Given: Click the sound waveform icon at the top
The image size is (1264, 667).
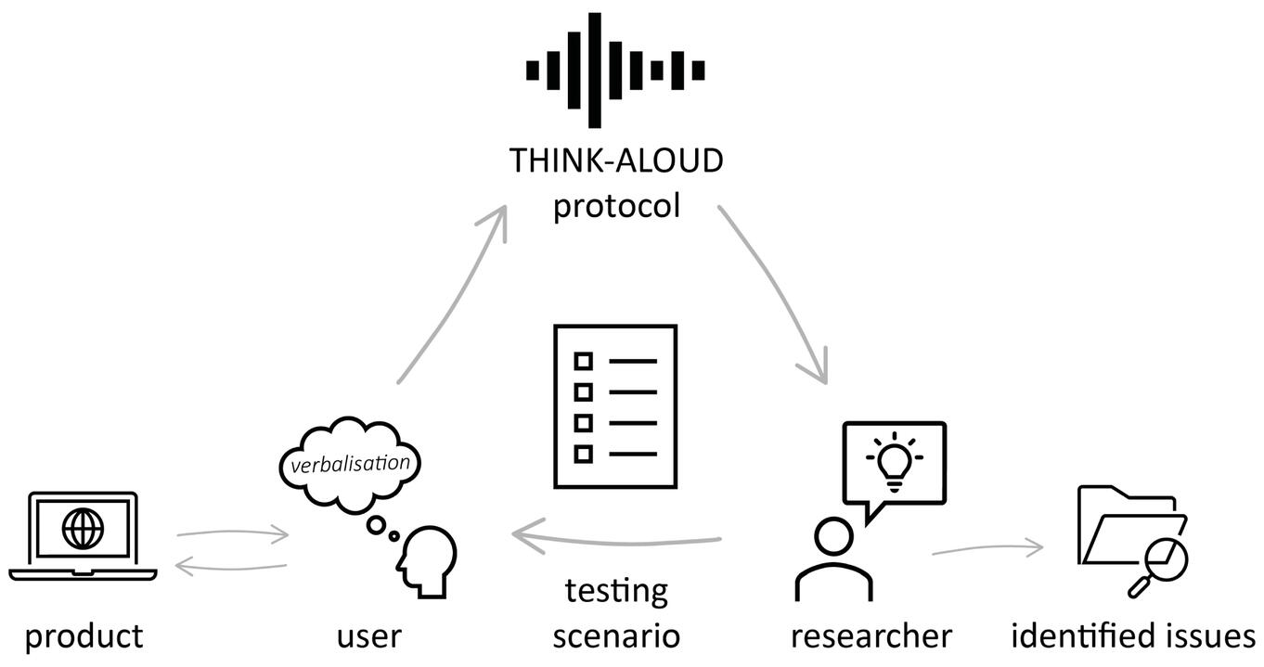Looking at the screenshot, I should coord(614,71).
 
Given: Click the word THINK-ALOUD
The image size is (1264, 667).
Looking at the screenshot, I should coord(615,161).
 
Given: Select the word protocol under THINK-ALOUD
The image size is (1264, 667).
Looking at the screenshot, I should coord(616,205).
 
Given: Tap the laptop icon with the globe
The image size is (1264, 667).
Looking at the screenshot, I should coord(83,536).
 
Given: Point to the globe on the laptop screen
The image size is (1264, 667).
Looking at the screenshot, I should coord(83,528).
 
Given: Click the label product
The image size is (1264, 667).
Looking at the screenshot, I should coord(84,636).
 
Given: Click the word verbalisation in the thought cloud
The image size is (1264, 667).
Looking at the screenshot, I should coord(349,461).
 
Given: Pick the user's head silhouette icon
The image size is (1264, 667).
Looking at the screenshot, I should coord(425,559).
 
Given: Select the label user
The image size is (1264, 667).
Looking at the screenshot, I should coord(368,637).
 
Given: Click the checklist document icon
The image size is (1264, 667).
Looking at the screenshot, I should coord(615,406).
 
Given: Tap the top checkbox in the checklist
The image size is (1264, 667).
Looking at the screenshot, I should coord(583,360).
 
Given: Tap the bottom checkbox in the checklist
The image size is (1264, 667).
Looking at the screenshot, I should coord(583,454).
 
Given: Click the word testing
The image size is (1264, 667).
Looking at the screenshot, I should coord(616,591).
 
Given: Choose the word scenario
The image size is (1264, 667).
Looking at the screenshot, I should coord(616,637).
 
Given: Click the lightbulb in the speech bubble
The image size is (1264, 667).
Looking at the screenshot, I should coord(894,460).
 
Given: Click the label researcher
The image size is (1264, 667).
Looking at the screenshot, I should coord(871,637).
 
